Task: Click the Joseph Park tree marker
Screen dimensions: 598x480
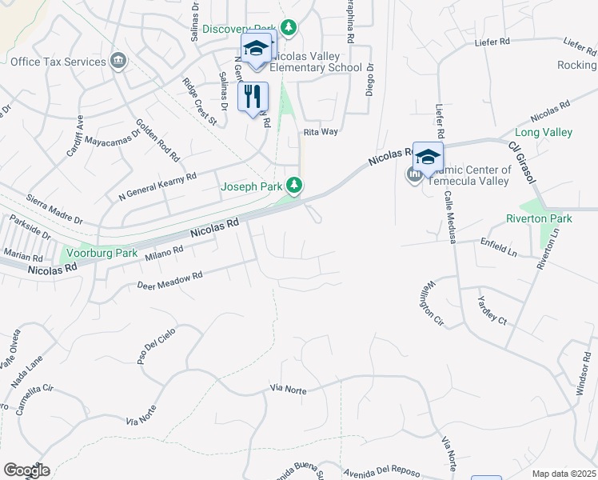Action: [x=295, y=186]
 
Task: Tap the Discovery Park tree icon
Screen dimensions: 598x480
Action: [x=289, y=28]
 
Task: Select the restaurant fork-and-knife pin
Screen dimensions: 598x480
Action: [x=253, y=97]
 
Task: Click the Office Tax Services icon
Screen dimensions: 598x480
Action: [x=119, y=60]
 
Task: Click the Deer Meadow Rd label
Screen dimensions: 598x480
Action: [x=169, y=280]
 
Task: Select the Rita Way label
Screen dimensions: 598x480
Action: [x=320, y=133]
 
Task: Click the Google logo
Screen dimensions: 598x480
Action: [x=26, y=470]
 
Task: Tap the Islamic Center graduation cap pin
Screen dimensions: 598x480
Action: [x=428, y=155]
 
